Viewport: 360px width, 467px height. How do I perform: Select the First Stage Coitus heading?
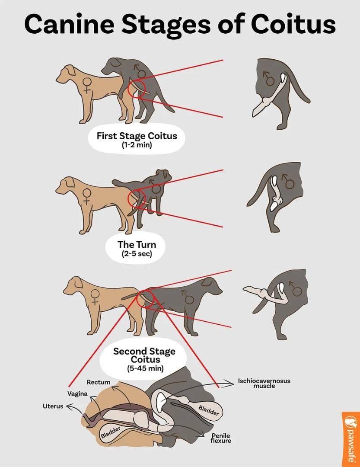pos(137,136)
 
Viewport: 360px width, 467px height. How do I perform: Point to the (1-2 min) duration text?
pos(137,145)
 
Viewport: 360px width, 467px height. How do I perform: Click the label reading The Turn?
pos(137,244)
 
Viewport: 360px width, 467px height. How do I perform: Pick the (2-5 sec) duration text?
pos(137,254)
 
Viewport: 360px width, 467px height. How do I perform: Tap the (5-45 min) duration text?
pos(145,368)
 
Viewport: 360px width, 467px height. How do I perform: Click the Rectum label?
pos(99,382)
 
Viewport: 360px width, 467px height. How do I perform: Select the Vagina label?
pos(77,394)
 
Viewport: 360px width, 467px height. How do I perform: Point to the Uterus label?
pos(53,406)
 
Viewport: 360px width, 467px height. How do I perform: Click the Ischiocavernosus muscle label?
pos(264,383)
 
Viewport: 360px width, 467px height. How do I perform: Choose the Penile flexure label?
pos(221,438)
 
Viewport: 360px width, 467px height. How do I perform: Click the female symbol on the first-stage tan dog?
pos(87,86)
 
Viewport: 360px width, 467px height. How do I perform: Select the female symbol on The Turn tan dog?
pos(87,196)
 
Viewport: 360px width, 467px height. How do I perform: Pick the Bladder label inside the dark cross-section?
pos(208,410)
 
